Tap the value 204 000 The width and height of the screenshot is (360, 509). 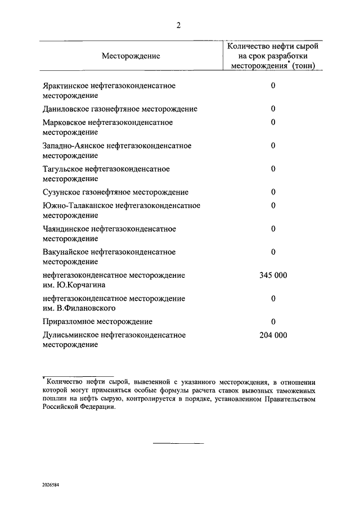(273, 335)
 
